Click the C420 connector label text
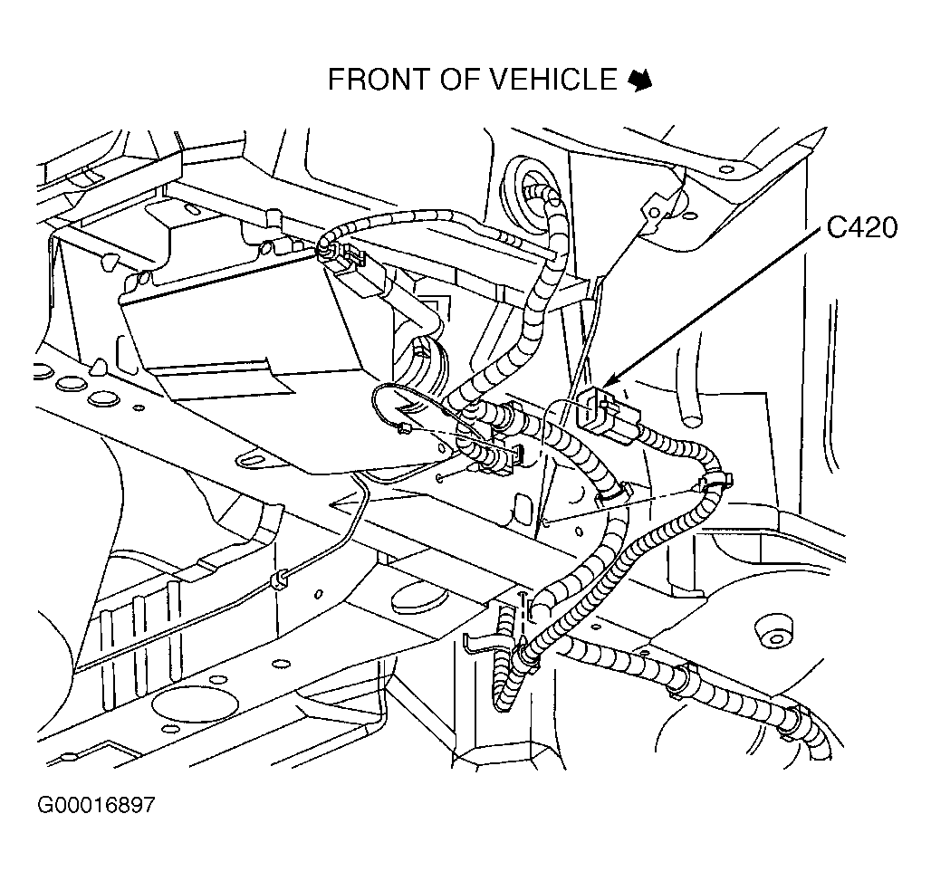coord(861,228)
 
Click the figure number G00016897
coord(96,805)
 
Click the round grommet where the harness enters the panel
coord(525,180)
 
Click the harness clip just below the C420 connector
coord(716,481)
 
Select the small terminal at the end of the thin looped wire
coord(404,428)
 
